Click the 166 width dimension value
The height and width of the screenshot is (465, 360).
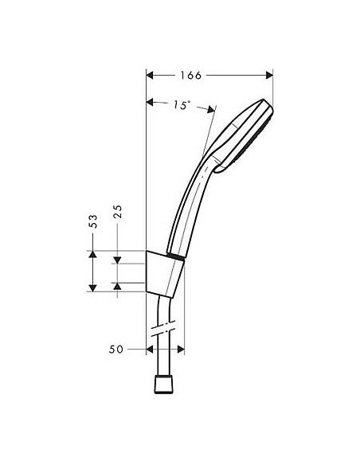click(x=189, y=76)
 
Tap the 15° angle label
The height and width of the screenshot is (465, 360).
click(x=181, y=104)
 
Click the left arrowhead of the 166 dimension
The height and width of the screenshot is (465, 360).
click(x=151, y=76)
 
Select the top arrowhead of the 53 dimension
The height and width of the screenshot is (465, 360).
click(x=93, y=254)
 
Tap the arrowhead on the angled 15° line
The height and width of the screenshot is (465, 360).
click(x=213, y=109)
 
